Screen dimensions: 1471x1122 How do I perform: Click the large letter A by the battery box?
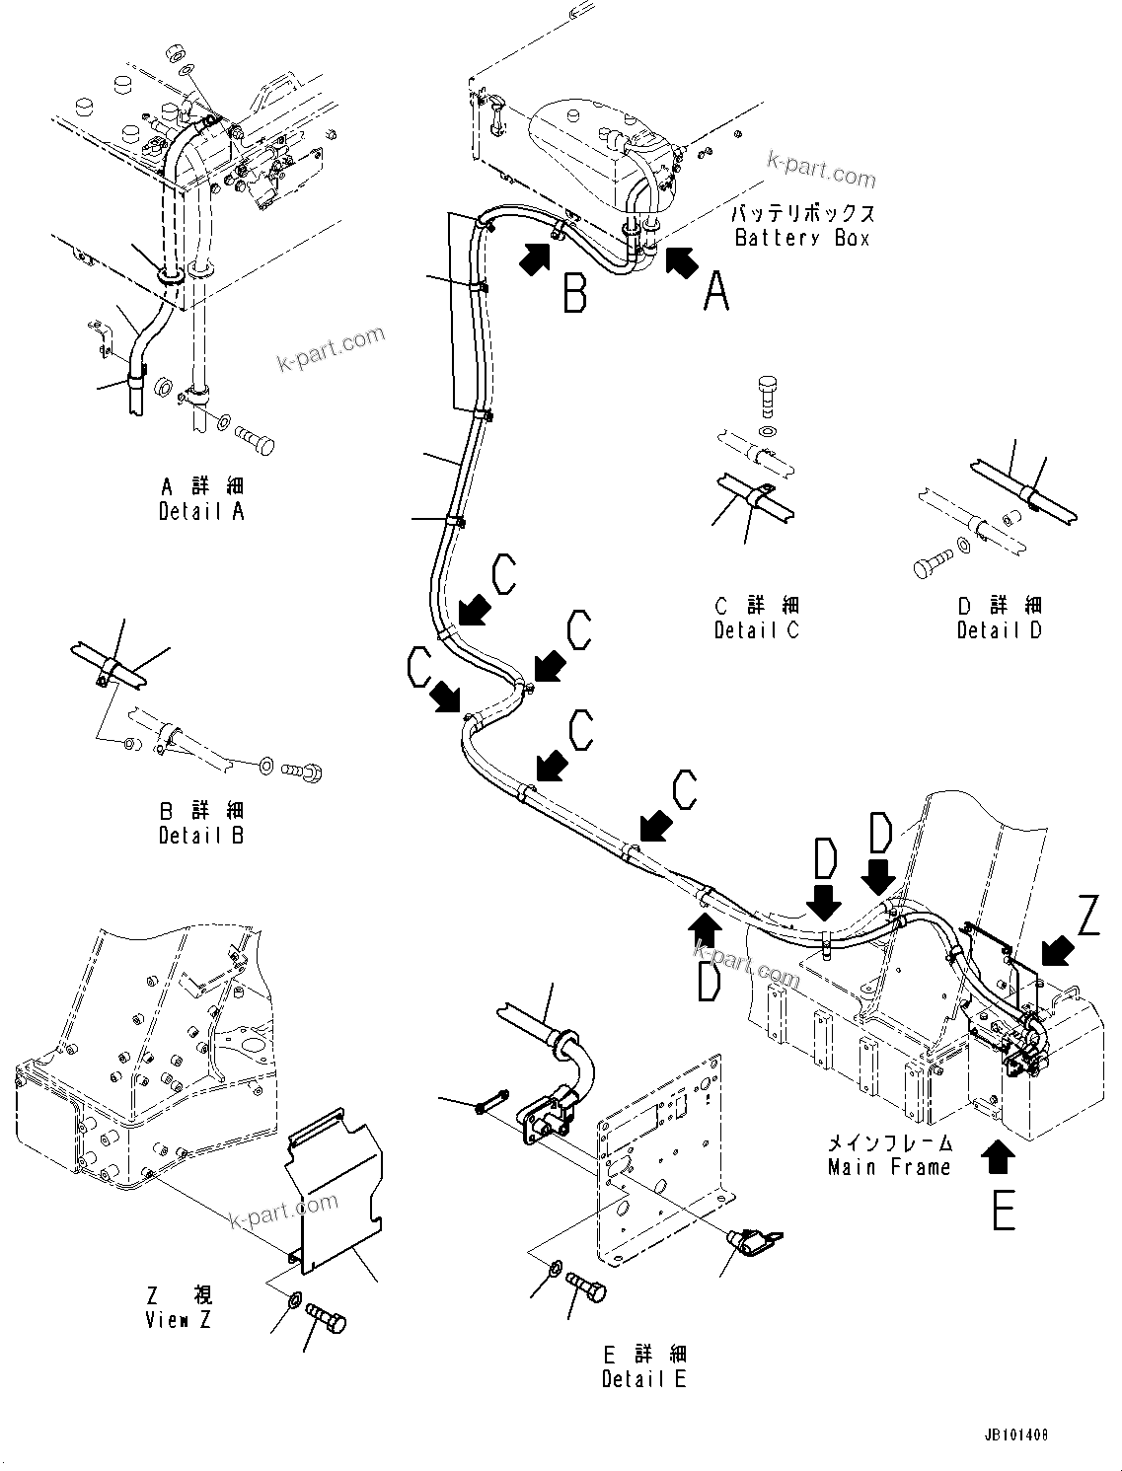[x=715, y=292]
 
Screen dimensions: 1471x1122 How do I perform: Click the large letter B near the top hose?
[x=574, y=293]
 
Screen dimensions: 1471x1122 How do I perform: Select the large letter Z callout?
[x=1087, y=917]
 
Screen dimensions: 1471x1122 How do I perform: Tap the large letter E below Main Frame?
[x=1003, y=1210]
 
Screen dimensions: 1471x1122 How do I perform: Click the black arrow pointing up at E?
[x=999, y=1156]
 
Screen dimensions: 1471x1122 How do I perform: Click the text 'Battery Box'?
[x=802, y=238]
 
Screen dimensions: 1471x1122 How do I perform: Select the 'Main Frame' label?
[x=888, y=1167]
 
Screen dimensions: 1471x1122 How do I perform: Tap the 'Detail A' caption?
[x=201, y=511]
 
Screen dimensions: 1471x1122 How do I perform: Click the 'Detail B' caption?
[x=201, y=836]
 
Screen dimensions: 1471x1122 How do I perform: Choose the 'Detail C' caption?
[x=756, y=630]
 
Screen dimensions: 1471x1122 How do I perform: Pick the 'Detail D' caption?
[x=999, y=630]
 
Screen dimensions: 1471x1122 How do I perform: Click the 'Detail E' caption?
[x=643, y=1379]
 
